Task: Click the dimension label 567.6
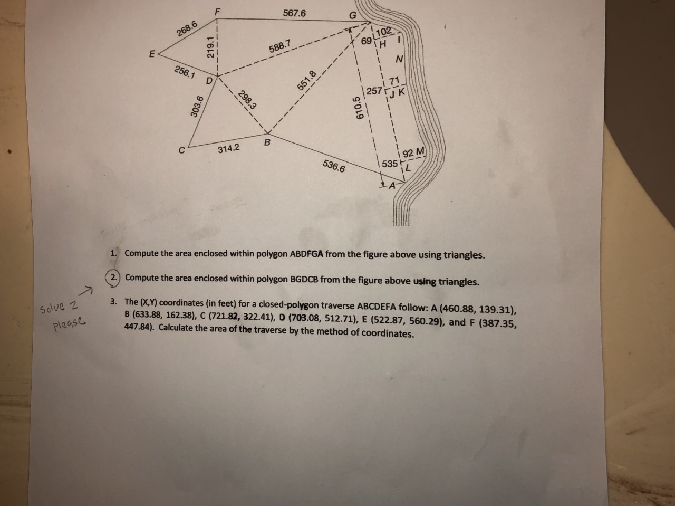(x=294, y=13)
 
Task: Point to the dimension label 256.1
(x=185, y=73)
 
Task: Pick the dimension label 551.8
(x=308, y=80)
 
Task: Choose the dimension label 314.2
(x=228, y=149)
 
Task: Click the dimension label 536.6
(x=334, y=167)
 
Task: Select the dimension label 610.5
(x=358, y=109)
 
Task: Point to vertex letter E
(x=152, y=54)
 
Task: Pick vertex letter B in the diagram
(x=267, y=142)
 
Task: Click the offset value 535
(x=389, y=164)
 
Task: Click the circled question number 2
(x=114, y=278)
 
